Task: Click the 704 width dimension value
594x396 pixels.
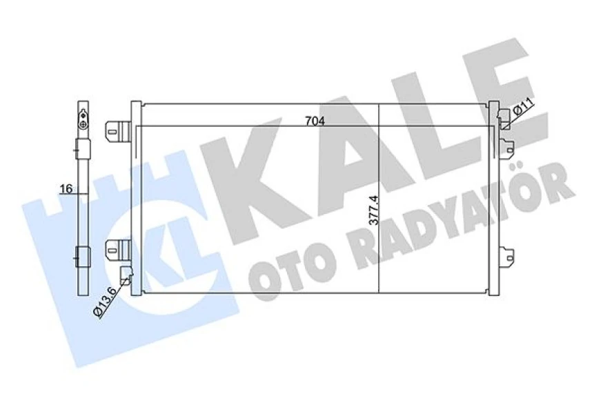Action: [315, 121]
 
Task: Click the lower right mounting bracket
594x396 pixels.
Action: [508, 257]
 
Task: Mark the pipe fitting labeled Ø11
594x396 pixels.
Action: [504, 119]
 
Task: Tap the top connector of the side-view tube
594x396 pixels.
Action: [82, 117]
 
